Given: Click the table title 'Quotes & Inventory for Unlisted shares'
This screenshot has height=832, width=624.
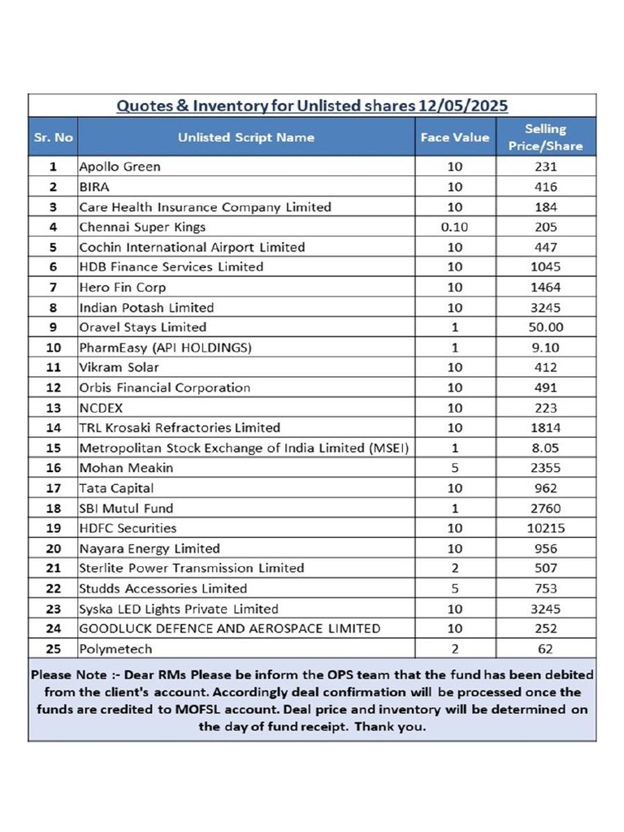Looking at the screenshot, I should click(x=312, y=106).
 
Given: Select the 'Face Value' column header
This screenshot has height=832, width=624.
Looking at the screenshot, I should click(x=454, y=137).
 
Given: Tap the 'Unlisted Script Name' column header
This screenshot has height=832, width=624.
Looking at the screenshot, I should click(x=246, y=137).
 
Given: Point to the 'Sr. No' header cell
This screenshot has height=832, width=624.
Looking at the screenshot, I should click(x=54, y=137).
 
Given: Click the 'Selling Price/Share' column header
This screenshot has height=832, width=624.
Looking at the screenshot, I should click(x=545, y=137).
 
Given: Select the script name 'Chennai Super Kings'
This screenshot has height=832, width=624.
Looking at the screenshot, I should click(x=142, y=227).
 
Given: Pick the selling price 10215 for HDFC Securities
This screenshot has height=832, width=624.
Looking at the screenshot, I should click(x=545, y=528).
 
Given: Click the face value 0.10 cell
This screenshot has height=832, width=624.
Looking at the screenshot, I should click(x=454, y=227).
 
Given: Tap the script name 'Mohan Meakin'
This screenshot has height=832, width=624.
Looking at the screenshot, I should click(x=126, y=468).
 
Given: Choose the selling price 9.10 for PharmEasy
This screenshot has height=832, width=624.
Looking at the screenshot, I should click(x=545, y=348).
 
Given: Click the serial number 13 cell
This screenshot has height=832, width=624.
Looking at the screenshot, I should click(x=54, y=408).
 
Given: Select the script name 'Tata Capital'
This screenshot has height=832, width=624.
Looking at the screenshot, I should click(x=116, y=488).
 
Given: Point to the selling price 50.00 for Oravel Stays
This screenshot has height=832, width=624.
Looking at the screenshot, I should click(x=545, y=327).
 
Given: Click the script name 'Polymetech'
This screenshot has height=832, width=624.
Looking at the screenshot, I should click(x=115, y=649).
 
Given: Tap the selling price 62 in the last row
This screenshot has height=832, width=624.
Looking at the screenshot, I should click(x=545, y=649).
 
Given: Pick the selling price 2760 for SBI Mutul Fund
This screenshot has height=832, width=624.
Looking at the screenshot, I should click(x=545, y=509).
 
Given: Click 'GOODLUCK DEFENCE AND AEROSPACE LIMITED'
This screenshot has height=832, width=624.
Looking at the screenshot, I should click(x=229, y=628).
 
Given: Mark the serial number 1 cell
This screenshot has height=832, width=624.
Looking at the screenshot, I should click(x=54, y=167).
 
